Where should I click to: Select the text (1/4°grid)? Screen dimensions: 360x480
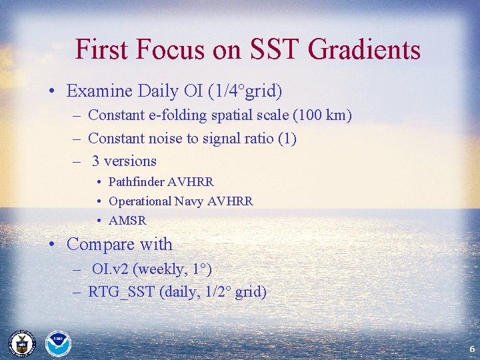coord(249,91)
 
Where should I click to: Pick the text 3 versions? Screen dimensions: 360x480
coord(124,161)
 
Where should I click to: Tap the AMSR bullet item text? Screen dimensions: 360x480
coord(127,221)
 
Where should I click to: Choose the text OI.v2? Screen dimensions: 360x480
coord(111,269)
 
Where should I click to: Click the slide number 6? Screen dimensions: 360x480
coord(471,349)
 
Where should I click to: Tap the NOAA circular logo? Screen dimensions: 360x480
coord(57,343)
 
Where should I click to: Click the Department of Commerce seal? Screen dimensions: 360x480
coord(21,343)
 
